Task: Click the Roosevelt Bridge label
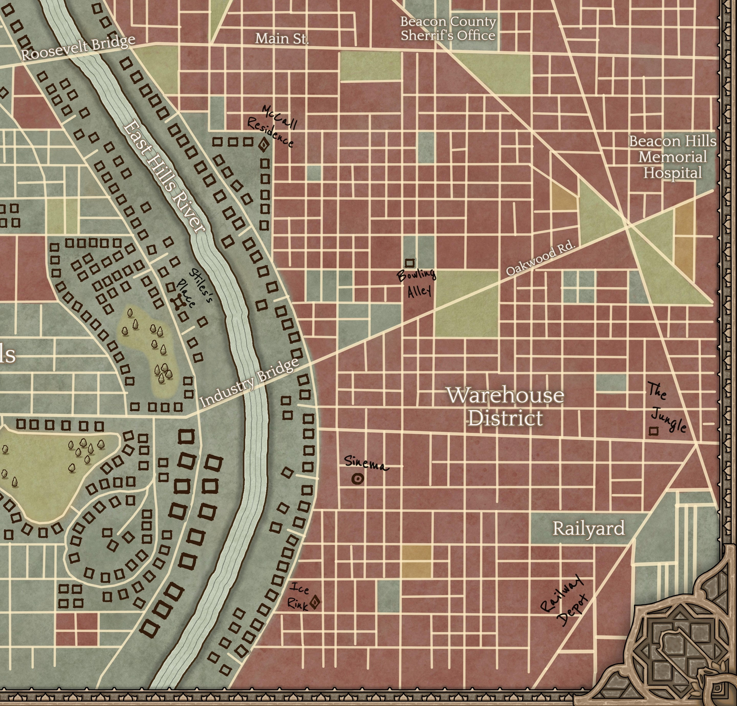click(78, 48)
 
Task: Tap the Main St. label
click(282, 39)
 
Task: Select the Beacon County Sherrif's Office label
click(448, 29)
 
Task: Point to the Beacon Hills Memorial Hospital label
click(672, 157)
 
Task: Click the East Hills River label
click(164, 176)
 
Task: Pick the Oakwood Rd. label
click(540, 258)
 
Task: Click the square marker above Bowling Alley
click(409, 263)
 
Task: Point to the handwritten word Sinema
click(365, 463)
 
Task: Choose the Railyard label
click(589, 528)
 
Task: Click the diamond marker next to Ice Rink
click(315, 602)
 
